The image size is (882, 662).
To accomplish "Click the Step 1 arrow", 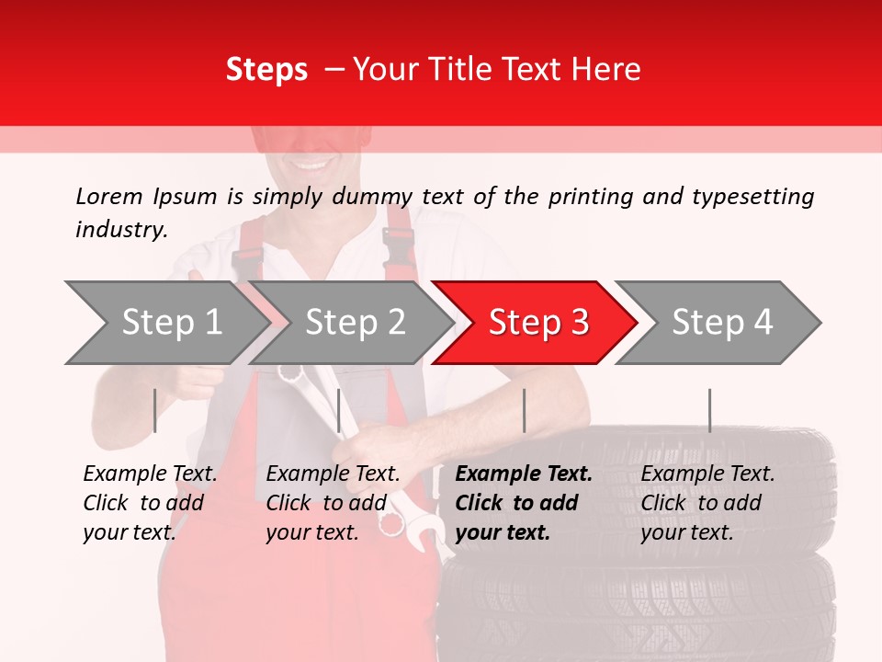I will tap(171, 323).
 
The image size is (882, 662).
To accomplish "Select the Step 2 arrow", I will tap(355, 323).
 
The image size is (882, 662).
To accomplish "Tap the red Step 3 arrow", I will tap(537, 323).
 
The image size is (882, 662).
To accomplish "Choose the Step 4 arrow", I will tap(722, 323).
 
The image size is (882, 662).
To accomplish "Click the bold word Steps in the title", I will tap(266, 70).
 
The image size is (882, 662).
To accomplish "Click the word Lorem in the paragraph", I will tap(109, 196).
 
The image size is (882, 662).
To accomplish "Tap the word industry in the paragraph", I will tap(120, 230).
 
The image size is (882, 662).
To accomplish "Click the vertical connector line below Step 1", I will tap(155, 410).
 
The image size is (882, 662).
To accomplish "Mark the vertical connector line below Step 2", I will tap(339, 410).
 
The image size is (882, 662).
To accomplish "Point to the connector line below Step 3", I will tap(524, 410).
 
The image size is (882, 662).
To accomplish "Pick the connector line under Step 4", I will tap(709, 410).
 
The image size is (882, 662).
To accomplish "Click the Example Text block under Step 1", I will tap(150, 503).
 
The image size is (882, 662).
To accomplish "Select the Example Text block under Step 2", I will tap(333, 503).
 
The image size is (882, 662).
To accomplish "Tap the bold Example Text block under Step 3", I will tap(524, 503).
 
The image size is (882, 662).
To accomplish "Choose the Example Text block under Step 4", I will tap(707, 503).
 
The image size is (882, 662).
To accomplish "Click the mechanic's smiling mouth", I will tap(313, 166).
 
